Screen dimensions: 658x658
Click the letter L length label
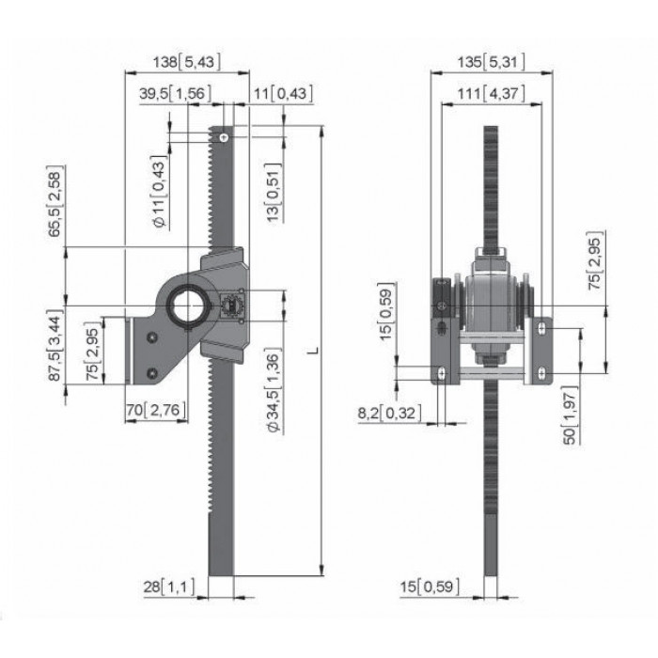click(x=313, y=350)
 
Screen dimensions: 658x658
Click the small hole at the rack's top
click(x=225, y=137)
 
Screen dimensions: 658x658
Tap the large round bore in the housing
click(x=184, y=305)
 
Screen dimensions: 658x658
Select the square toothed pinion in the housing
click(x=231, y=305)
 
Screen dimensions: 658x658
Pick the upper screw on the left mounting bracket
click(x=152, y=337)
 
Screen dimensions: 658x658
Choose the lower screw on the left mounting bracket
click(x=152, y=372)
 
